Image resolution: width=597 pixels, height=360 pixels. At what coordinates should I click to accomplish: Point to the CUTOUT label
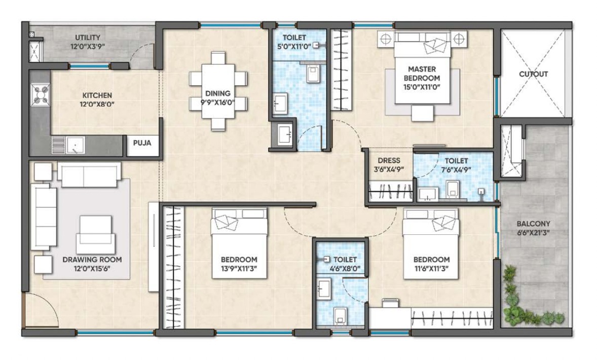pyautogui.click(x=533, y=74)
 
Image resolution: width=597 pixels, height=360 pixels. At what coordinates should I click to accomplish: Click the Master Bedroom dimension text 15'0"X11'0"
pyautogui.click(x=421, y=87)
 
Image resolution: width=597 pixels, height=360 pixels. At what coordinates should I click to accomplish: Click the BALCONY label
pyautogui.click(x=533, y=223)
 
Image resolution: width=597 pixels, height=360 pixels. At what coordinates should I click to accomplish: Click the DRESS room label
pyautogui.click(x=388, y=161)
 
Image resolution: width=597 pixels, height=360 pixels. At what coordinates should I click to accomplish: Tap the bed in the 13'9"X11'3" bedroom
pyautogui.click(x=239, y=248)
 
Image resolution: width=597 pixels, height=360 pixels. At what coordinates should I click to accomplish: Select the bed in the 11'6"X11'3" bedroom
pyautogui.click(x=431, y=246)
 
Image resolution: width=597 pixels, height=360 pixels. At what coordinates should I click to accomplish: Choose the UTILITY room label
pyautogui.click(x=88, y=38)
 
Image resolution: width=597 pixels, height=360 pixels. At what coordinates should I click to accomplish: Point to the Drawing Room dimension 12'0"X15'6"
pyautogui.click(x=92, y=267)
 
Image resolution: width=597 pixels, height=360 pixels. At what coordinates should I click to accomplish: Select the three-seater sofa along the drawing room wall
pyautogui.click(x=43, y=215)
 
